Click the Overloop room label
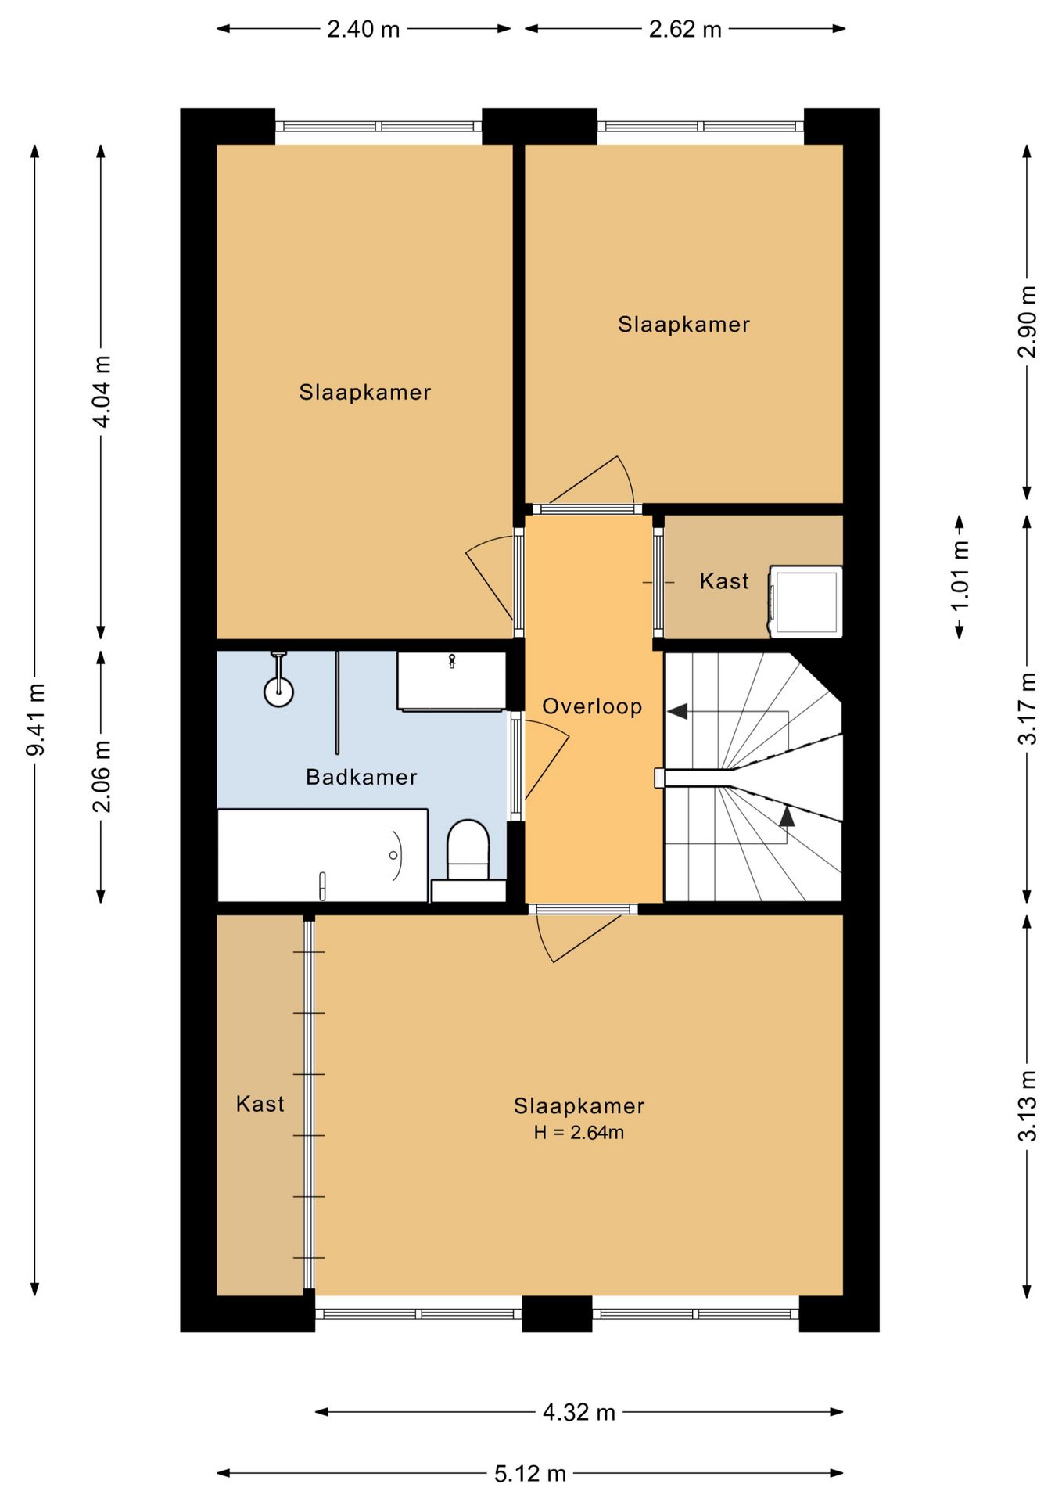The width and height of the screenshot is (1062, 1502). pos(592,706)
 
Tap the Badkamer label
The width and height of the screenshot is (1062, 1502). pos(361,777)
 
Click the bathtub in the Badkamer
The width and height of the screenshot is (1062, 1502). pos(322,855)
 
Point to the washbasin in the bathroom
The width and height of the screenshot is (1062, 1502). pos(451,681)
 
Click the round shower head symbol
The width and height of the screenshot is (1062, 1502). pos(278,692)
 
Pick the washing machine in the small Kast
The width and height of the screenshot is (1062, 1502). pos(805,600)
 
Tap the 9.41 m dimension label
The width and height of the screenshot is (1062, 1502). pos(36,719)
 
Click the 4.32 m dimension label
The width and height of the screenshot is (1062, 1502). pos(579,1412)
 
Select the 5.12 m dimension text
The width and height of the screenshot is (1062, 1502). pos(530,1474)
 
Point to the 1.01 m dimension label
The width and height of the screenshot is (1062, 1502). pos(960,576)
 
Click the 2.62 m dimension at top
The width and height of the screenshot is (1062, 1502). pos(685,29)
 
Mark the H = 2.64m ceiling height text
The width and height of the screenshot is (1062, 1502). pos(579,1132)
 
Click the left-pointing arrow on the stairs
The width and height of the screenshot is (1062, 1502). pos(677,711)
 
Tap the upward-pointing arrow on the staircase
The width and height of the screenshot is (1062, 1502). pos(787,816)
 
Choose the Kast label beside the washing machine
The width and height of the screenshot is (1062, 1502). pos(724,581)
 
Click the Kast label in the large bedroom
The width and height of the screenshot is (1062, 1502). pos(260,1104)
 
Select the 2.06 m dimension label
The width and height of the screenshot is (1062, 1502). pos(102,775)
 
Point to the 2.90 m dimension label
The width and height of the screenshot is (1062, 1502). pos(1027,322)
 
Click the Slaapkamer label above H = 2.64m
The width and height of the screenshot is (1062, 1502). pos(579,1105)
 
